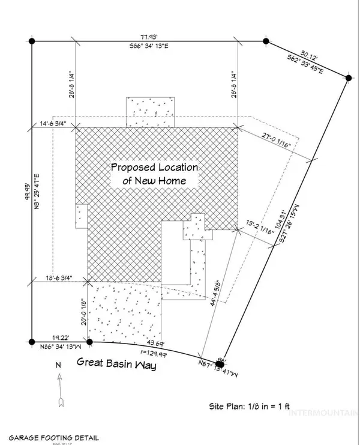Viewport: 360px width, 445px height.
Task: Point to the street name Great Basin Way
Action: pos(116,362)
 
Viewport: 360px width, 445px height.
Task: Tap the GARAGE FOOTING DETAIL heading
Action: pos(50,438)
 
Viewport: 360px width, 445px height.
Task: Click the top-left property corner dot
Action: pos(32,41)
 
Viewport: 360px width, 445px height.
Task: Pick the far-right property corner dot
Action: pos(349,77)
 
